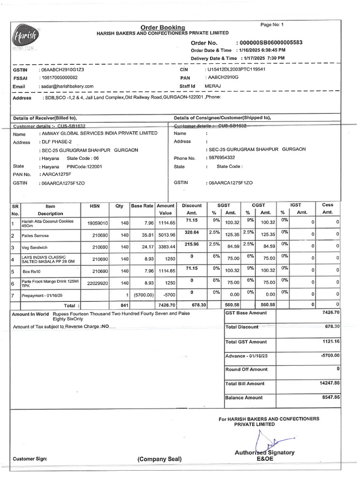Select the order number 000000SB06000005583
271,43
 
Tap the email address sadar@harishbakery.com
67,86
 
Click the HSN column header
95,206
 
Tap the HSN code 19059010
97,223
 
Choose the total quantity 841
124,305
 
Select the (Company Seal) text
159,459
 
